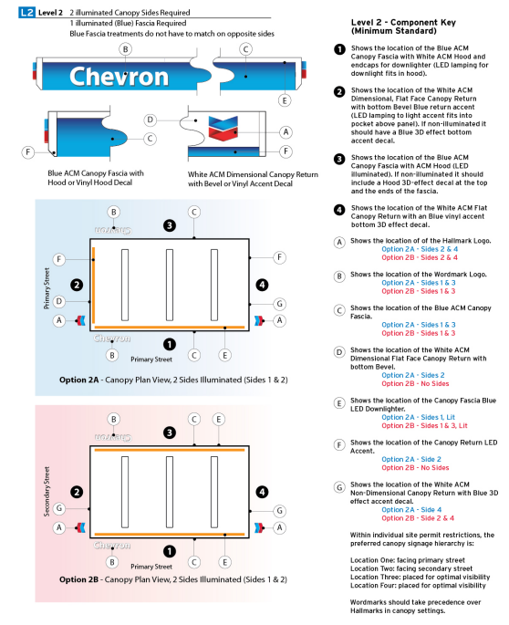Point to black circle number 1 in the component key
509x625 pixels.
pyautogui.click(x=339, y=49)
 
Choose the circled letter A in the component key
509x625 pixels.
pyautogui.click(x=339, y=243)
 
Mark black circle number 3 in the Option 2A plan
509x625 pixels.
pyautogui.click(x=169, y=224)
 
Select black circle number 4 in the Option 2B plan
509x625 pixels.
pyautogui.click(x=263, y=492)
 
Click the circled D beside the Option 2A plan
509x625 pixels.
pyautogui.click(x=58, y=301)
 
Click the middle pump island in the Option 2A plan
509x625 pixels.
pyautogui.click(x=170, y=281)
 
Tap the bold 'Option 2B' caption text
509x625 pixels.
pyautogui.click(x=85, y=579)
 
